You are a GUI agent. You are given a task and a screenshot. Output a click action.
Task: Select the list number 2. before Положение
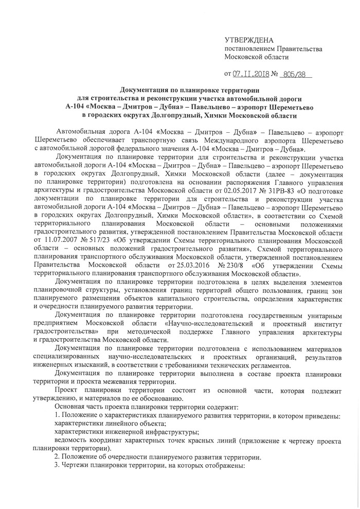58,457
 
